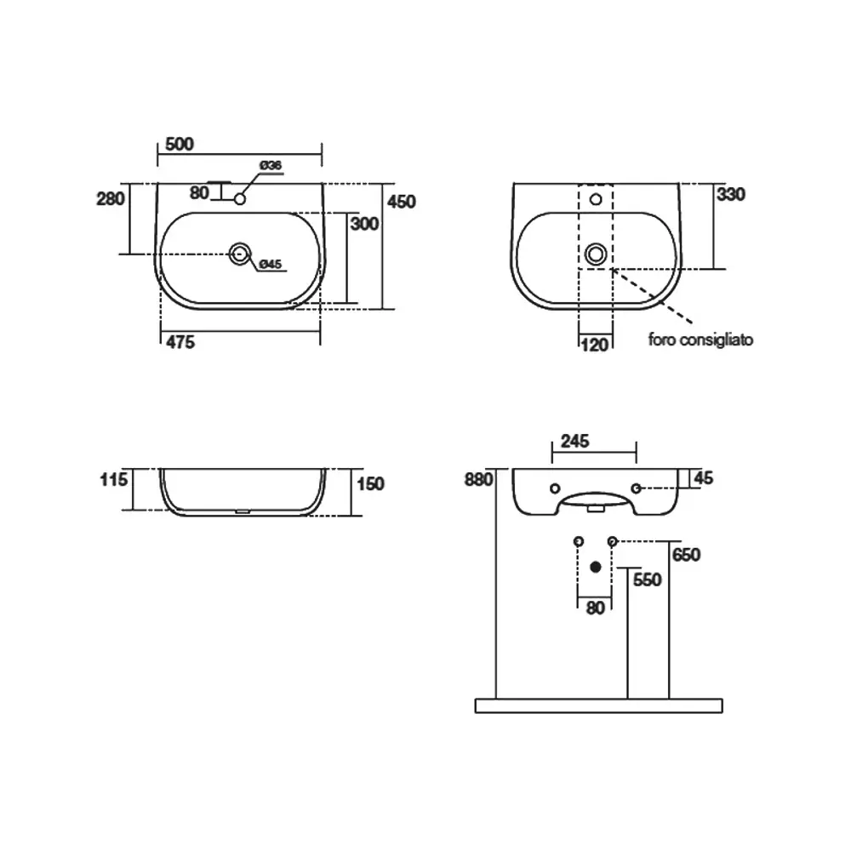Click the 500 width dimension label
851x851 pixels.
point(179,145)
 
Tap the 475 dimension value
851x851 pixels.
point(180,342)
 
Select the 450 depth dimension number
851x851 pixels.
point(402,202)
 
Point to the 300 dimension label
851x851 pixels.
point(364,224)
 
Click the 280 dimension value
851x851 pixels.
point(110,199)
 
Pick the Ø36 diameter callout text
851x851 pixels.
point(271,165)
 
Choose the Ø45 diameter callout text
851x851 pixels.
point(271,265)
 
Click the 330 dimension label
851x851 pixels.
point(731,194)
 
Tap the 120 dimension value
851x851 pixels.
point(595,346)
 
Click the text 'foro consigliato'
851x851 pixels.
point(700,340)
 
